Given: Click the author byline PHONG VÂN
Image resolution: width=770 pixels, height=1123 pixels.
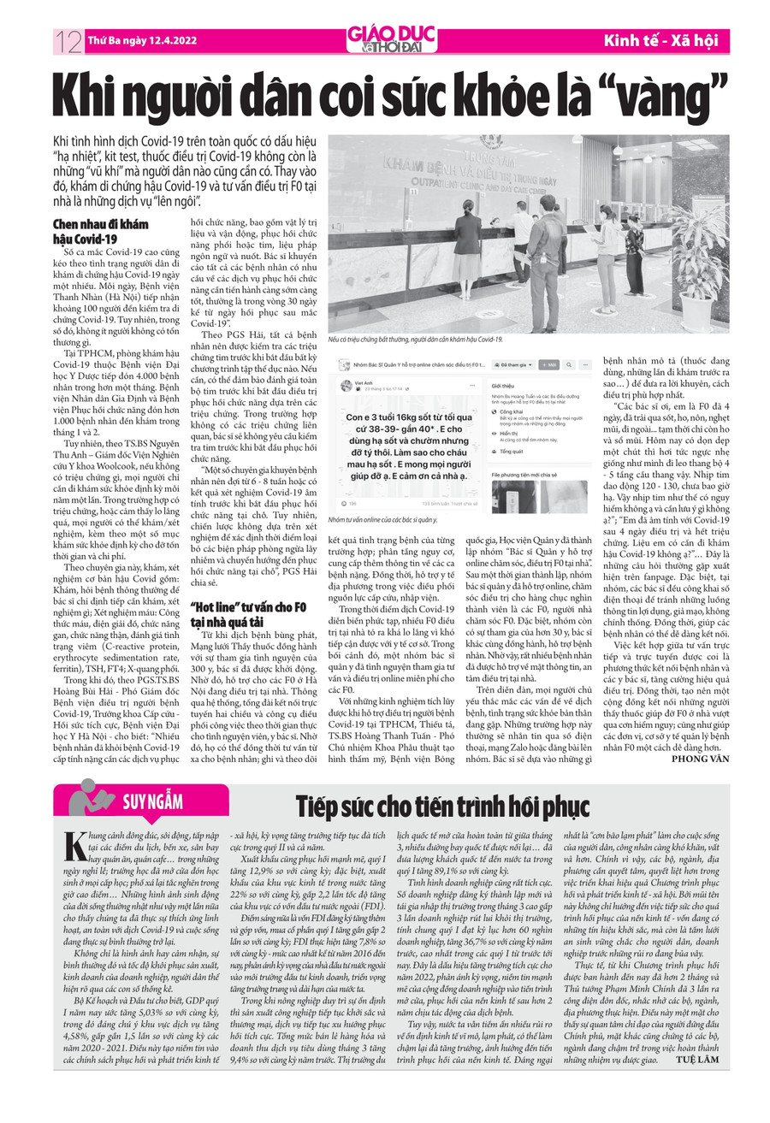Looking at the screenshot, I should [x=701, y=758].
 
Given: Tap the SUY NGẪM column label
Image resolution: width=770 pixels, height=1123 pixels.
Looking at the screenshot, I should [x=152, y=801].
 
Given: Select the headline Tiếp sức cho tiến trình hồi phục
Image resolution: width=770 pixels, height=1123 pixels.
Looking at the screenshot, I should [x=441, y=806].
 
